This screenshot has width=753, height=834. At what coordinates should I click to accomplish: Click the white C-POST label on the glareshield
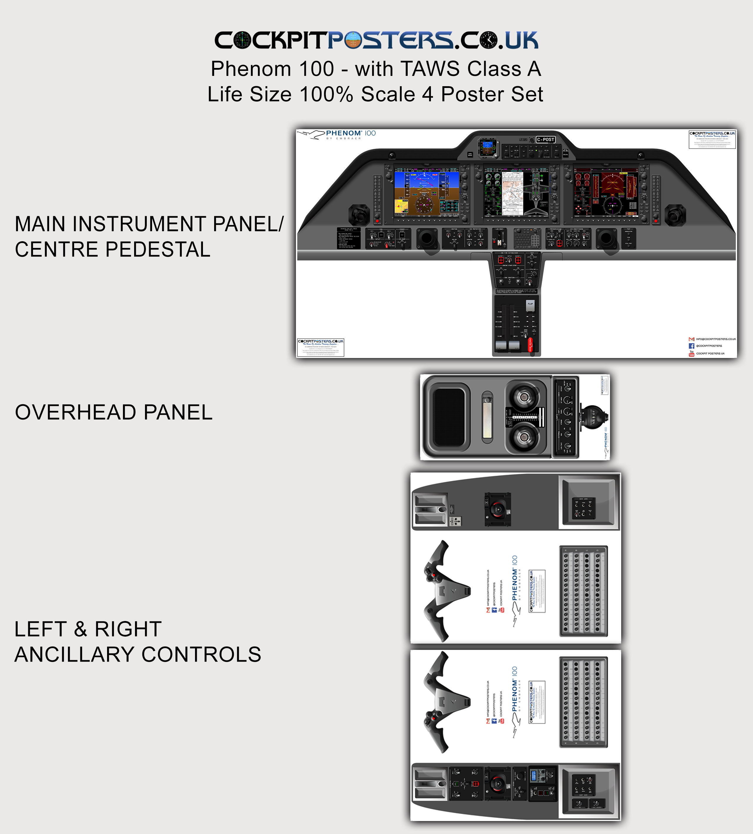point(545,140)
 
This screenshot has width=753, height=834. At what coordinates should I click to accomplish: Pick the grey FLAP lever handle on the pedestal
point(530,305)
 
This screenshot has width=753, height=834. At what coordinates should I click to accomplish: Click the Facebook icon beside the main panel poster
point(691,346)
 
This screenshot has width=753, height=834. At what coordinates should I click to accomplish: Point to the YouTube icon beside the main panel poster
point(691,354)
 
